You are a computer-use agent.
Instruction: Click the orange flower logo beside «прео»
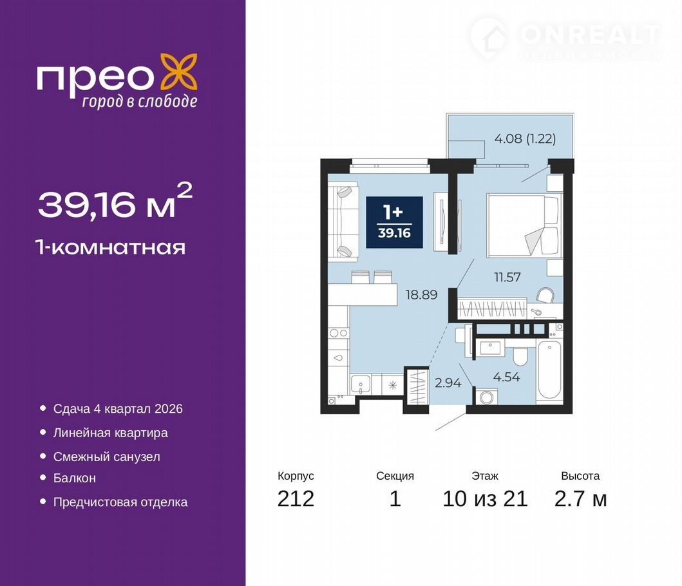(179, 71)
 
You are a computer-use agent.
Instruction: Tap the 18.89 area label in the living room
(421, 294)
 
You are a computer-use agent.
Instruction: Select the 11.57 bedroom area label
(507, 277)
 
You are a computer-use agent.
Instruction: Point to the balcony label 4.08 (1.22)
(525, 139)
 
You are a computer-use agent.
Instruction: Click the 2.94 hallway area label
(448, 383)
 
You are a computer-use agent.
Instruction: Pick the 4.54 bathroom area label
(506, 377)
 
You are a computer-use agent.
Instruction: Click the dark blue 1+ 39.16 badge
(395, 222)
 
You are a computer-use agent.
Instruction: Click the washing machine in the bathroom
(486, 397)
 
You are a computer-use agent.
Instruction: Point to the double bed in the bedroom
(523, 225)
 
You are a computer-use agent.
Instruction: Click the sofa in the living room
(343, 222)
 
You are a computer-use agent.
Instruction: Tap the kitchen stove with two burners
(338, 333)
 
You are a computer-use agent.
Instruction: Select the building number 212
(296, 498)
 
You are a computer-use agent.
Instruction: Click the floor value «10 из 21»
(485, 498)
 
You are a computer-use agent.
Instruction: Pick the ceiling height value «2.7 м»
(580, 498)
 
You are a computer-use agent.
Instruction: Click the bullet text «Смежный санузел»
(106, 457)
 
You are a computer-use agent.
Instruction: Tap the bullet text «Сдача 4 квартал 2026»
(118, 409)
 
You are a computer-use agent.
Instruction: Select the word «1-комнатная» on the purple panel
(111, 247)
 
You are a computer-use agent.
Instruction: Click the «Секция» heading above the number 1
(395, 476)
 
